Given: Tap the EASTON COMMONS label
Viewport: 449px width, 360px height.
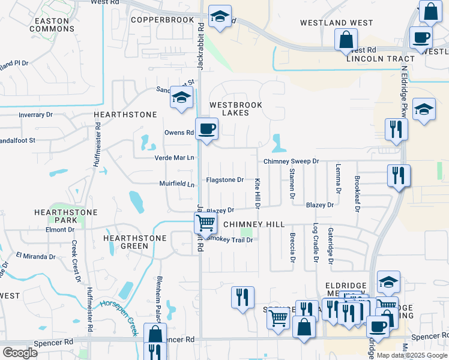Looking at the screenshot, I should [x=52, y=25].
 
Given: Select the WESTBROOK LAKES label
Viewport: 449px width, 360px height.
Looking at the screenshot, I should [x=236, y=109].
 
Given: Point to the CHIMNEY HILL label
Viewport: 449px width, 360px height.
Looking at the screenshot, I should [x=254, y=224].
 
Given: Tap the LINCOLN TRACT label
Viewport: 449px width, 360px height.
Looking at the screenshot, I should [x=380, y=59].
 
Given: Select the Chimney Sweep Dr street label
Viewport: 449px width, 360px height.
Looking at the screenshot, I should [x=291, y=162].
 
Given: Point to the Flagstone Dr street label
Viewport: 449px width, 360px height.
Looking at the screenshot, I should [x=225, y=179].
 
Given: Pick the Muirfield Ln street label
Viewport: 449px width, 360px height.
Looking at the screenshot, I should [x=177, y=184].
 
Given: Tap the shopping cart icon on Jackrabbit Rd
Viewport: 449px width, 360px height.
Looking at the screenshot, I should [x=206, y=223].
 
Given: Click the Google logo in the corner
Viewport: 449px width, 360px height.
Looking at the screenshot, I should [x=20, y=353].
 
